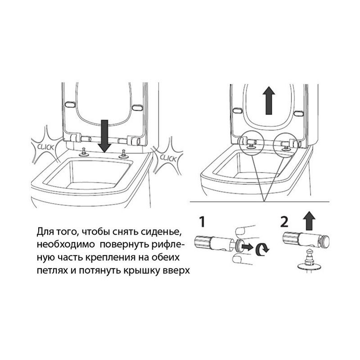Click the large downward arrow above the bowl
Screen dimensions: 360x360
104,136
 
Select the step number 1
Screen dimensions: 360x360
202,222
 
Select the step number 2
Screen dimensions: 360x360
284,222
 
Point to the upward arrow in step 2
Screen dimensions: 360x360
309,220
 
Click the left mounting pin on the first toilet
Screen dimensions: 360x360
83,152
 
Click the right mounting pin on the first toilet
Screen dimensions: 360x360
123,154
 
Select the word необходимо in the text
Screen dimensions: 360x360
66,245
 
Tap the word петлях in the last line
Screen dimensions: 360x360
52,271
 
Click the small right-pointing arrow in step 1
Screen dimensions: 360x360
248,247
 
